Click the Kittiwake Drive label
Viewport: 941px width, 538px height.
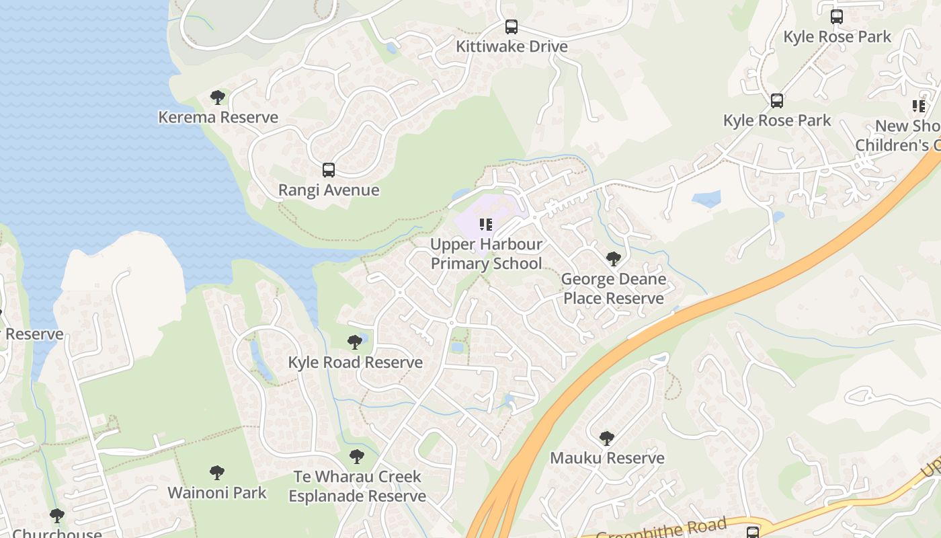click(x=512, y=46)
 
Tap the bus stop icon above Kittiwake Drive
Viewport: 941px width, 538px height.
click(x=512, y=27)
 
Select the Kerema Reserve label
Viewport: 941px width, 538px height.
click(x=218, y=117)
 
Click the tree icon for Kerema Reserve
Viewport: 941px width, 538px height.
click(x=218, y=98)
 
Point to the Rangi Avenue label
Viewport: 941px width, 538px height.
click(x=329, y=190)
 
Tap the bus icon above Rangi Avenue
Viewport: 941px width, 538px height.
click(x=329, y=170)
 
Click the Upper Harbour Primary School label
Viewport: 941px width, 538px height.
click(x=486, y=254)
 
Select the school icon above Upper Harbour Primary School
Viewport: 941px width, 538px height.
click(x=486, y=225)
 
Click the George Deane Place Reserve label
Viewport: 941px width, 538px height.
click(x=613, y=289)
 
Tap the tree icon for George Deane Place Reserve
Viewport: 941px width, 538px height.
click(x=613, y=259)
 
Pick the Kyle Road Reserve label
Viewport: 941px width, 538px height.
click(x=355, y=362)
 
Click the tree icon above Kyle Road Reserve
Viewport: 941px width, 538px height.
click(x=355, y=342)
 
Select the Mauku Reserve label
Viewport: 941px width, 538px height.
click(x=607, y=458)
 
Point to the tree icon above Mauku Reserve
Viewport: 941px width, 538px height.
click(x=607, y=438)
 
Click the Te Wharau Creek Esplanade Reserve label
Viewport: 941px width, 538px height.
click(x=357, y=486)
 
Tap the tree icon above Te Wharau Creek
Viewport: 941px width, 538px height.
click(x=357, y=457)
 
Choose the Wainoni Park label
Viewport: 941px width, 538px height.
click(x=216, y=492)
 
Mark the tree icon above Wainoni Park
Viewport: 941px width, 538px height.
click(x=216, y=473)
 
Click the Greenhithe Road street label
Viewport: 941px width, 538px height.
click(x=661, y=529)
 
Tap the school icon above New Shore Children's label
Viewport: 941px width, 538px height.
click(x=919, y=106)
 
